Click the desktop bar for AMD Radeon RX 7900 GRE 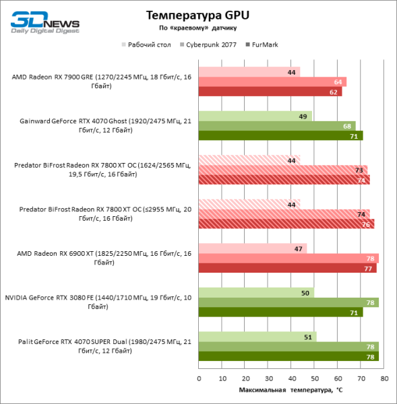(249, 72)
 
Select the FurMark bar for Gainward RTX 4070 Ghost (280, 135)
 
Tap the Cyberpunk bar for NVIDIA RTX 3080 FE (288, 302)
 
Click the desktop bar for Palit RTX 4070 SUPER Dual (257, 337)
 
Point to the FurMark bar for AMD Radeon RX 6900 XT (287, 268)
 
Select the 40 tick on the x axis (291, 379)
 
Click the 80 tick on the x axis (384, 379)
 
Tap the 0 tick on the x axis (198, 379)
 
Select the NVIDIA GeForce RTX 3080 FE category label (98, 302)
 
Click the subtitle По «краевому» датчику (197, 28)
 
